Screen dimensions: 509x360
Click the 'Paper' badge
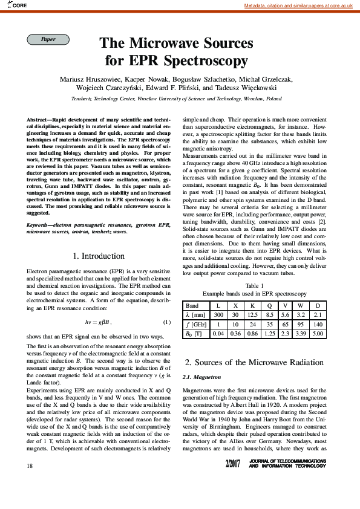pyautogui.click(x=48, y=40)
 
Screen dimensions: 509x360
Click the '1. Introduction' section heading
pyautogui.click(x=98, y=256)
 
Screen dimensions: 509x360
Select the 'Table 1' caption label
pyautogui.click(x=254, y=285)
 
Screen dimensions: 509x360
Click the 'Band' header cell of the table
pyautogui.click(x=192, y=306)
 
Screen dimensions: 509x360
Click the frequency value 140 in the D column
pyautogui.click(x=318, y=324)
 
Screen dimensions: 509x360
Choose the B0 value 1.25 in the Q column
pyautogui.click(x=270, y=333)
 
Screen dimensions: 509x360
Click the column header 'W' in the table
pyautogui.click(x=301, y=306)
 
